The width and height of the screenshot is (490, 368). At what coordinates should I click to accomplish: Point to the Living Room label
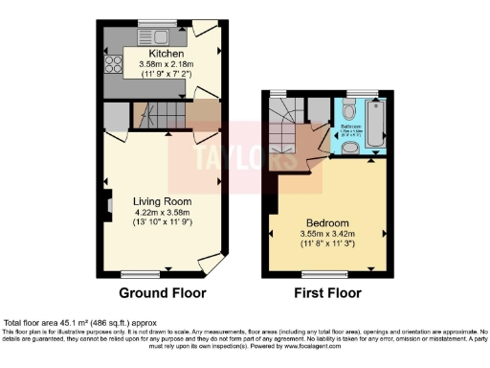(x=163, y=201)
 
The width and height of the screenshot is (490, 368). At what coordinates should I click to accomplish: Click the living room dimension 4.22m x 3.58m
(x=163, y=213)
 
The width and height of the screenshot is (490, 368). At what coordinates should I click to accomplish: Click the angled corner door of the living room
(x=211, y=262)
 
